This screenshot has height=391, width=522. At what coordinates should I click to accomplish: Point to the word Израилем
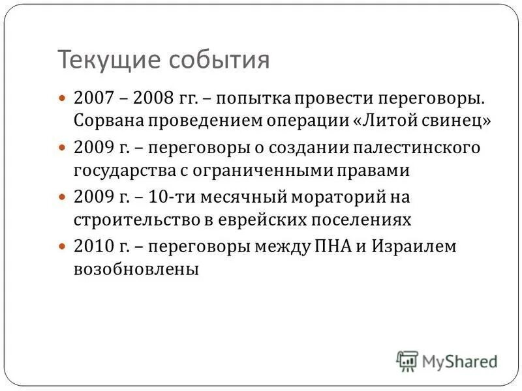413,247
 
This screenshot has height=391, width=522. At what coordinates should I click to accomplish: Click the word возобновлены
136,268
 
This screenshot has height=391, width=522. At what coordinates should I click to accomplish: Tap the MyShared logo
446,360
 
